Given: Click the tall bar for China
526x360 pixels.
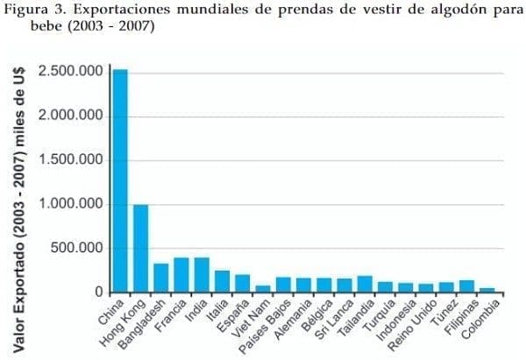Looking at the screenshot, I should [x=120, y=180].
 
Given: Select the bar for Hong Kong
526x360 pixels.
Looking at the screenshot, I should [x=140, y=249].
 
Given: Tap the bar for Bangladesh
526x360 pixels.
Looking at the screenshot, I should [x=160, y=278].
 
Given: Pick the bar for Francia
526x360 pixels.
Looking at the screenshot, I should [x=181, y=275].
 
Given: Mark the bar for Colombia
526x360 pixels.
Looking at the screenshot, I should [x=487, y=290].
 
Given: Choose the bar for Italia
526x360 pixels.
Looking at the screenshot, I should [x=222, y=281].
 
